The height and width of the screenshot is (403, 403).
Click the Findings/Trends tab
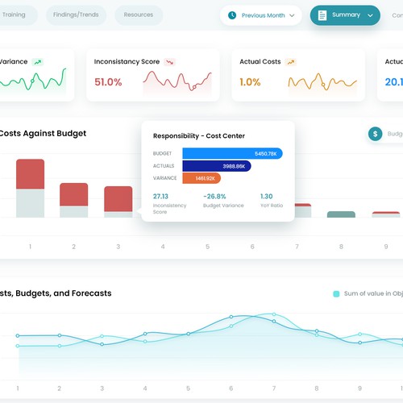coord(77,15)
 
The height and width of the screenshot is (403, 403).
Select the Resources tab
coord(139,15)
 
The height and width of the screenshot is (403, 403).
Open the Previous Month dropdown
coord(261,15)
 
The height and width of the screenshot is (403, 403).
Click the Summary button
coord(345,15)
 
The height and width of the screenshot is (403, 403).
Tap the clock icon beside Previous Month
coord(232,15)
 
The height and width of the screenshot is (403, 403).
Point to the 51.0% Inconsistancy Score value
coord(108,81)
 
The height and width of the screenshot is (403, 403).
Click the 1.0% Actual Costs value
coord(250,81)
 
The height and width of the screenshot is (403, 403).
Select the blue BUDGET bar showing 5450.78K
coord(232,153)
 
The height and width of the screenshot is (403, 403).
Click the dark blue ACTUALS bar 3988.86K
coord(216,166)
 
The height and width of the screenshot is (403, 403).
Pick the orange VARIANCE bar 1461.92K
coord(201,178)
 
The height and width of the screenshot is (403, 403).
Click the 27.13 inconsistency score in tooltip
coord(160,196)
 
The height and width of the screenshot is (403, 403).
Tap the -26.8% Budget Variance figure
coord(214,196)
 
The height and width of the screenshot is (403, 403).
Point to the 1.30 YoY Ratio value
coord(266,196)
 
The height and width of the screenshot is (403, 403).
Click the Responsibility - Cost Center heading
coord(198,135)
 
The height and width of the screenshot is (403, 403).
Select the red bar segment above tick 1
coord(30,174)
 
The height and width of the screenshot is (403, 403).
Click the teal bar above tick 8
coord(340,214)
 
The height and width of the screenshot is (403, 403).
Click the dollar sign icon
coord(375,134)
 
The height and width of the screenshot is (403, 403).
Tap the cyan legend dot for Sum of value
coord(336,294)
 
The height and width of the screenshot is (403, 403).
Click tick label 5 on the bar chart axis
coord(207,247)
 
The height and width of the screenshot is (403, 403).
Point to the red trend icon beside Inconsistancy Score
coord(169,61)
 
